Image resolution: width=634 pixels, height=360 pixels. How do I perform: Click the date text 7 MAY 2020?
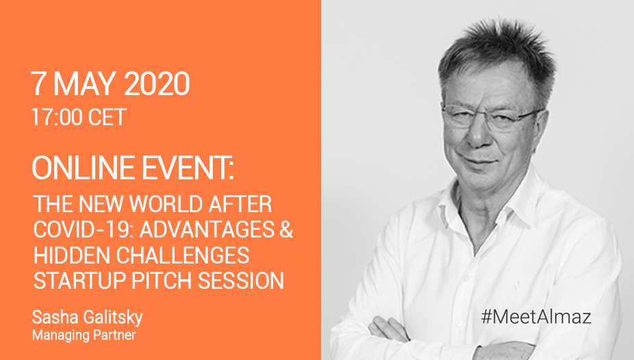coord(110,83)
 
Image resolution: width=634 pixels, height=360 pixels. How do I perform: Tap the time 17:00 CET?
coord(79,117)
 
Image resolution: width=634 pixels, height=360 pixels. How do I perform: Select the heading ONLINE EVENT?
coord(133,168)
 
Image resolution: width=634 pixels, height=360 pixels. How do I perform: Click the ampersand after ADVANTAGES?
coord(286,229)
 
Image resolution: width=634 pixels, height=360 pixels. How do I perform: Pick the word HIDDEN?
coord(72,255)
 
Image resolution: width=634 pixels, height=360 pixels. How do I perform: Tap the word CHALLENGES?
coord(183,255)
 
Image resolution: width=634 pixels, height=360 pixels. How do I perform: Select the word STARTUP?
coord(79,281)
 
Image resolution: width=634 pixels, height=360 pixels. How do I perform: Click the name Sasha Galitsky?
coord(88,318)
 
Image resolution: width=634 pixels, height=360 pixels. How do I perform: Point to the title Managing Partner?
coord(84,335)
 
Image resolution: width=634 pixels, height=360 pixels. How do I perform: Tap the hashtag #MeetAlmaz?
coord(536,316)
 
